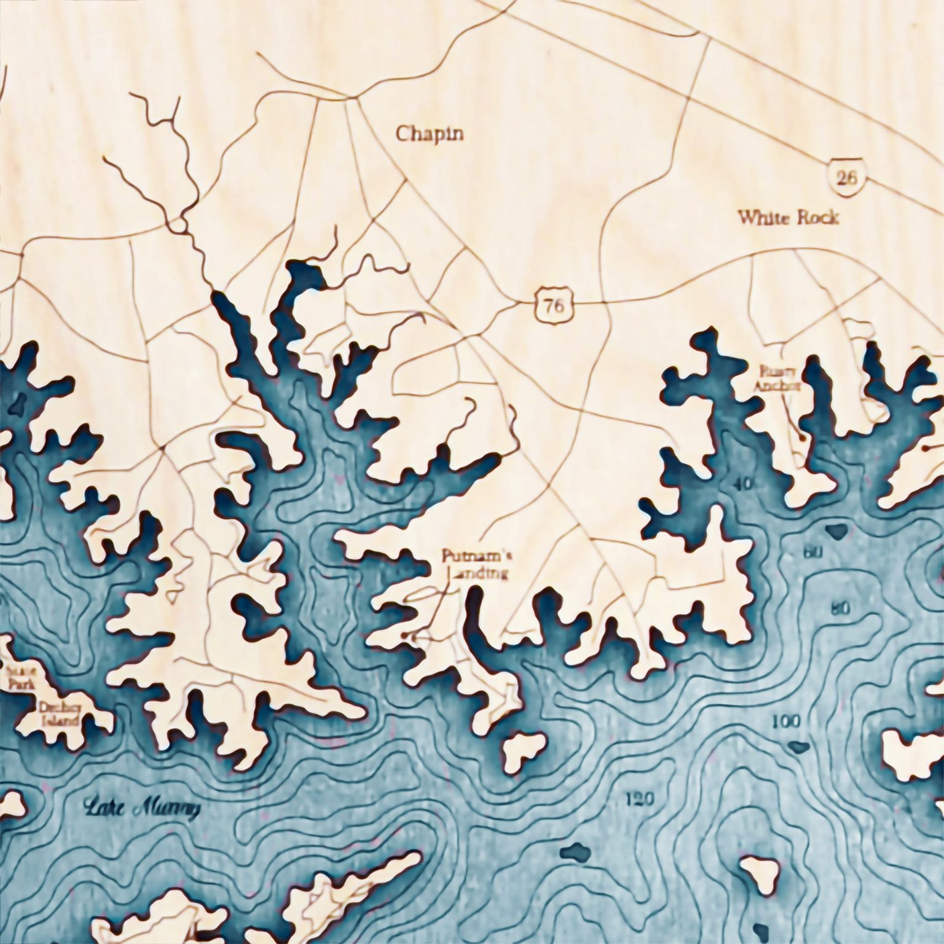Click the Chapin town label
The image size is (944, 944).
click(x=429, y=134)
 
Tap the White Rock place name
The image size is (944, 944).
click(x=788, y=218)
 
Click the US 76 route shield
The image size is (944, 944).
click(x=553, y=305)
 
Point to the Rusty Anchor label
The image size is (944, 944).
click(x=778, y=379)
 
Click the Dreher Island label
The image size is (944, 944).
click(x=60, y=714)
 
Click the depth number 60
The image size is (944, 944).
click(x=813, y=553)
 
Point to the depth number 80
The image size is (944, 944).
click(x=840, y=609)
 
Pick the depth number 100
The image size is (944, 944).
click(x=786, y=720)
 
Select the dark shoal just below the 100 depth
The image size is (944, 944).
click(x=798, y=747)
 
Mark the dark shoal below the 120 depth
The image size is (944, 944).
click(x=575, y=852)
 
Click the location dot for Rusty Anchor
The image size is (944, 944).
click(x=802, y=438)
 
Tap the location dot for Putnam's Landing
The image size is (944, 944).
click(x=404, y=634)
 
